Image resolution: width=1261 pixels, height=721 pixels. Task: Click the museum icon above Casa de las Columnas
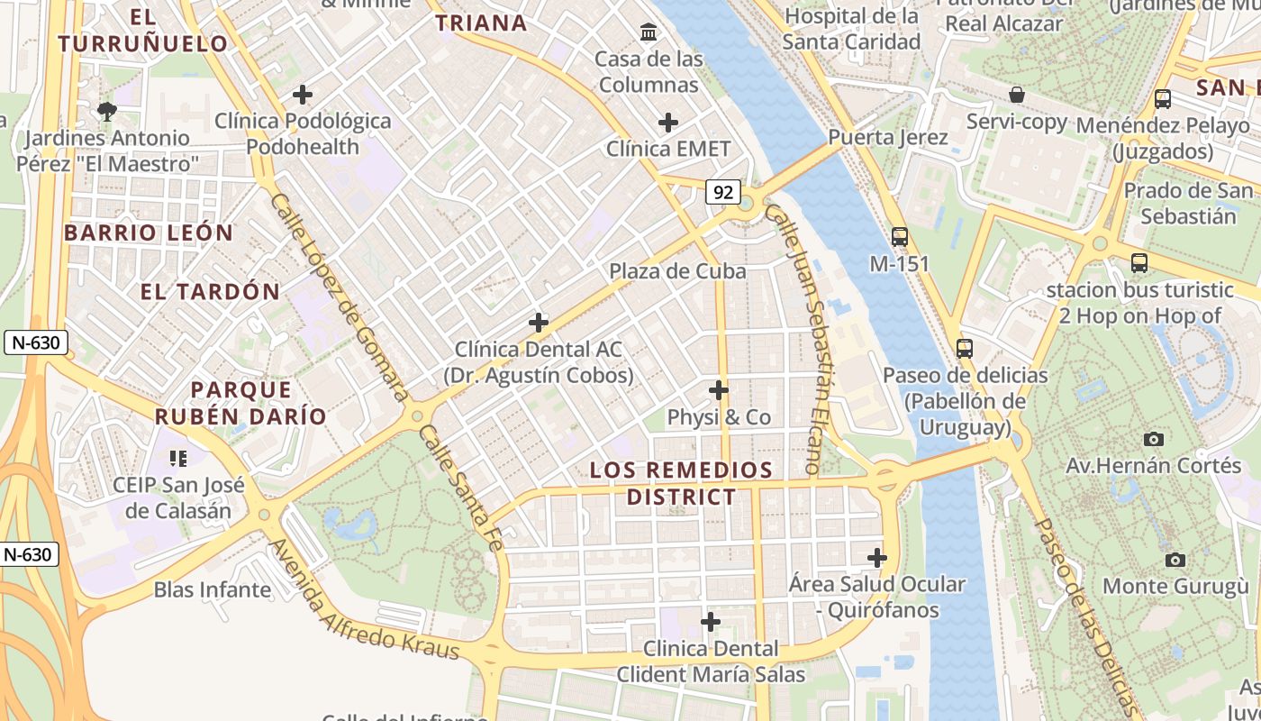coord(648,33)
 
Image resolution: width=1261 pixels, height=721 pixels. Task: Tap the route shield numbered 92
coord(724,191)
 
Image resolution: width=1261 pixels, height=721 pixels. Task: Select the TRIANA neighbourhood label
coord(481,23)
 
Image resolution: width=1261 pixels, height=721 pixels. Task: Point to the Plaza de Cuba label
coord(677,270)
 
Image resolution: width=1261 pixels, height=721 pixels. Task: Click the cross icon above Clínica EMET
coord(668,122)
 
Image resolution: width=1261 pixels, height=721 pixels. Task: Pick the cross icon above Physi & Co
coord(719,390)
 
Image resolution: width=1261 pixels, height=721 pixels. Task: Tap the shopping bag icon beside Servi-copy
coord(1017,95)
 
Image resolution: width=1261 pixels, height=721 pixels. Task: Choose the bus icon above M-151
coord(899,237)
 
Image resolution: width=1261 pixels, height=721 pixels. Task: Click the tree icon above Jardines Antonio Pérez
coord(107,112)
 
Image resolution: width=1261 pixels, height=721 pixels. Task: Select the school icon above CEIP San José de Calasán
coord(178,459)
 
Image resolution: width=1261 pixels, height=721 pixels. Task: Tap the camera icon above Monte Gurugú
coord(1175,560)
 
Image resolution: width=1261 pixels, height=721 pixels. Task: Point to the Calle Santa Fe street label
coord(459,488)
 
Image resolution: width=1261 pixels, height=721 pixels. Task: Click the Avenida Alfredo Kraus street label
coord(365,599)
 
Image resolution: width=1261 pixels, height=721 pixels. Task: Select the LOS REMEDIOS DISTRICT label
coord(681,483)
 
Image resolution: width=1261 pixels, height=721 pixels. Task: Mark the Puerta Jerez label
coord(887,137)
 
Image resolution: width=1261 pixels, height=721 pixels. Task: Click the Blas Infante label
coord(213,590)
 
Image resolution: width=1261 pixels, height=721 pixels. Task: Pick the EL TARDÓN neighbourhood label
coord(210,291)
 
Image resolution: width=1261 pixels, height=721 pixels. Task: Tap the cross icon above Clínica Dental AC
coord(539,322)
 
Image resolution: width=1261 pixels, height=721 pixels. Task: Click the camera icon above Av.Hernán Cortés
coord(1153,439)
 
